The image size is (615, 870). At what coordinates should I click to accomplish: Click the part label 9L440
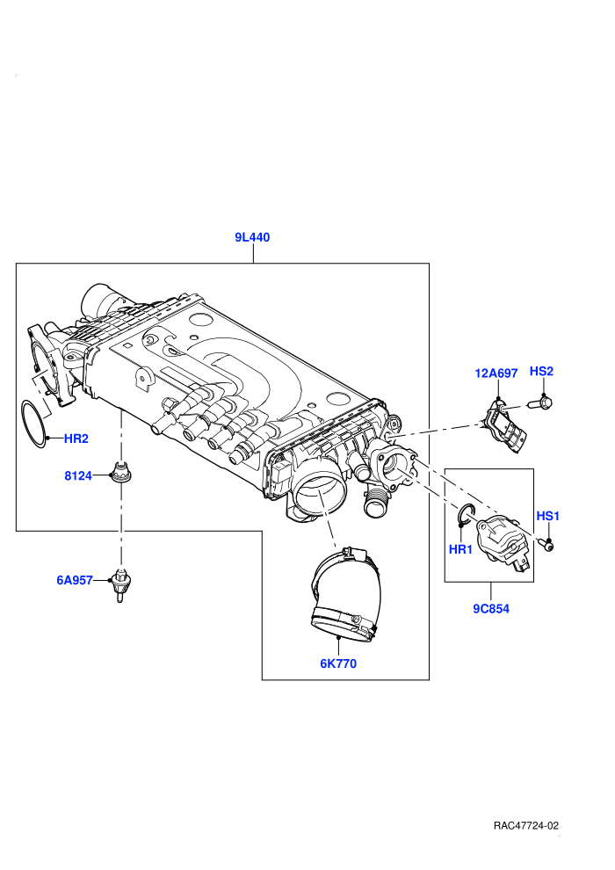click(x=252, y=237)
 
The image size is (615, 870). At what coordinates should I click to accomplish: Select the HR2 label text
click(x=76, y=439)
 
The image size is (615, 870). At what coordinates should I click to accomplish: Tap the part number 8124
click(x=78, y=475)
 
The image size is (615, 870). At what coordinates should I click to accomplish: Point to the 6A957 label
click(x=75, y=580)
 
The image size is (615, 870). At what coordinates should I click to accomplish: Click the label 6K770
click(x=338, y=663)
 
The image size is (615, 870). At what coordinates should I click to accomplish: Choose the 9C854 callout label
click(x=491, y=609)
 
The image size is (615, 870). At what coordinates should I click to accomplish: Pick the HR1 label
click(x=460, y=550)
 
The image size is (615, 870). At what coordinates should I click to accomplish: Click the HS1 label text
click(x=548, y=516)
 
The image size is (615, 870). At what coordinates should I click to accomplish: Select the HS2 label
click(x=541, y=371)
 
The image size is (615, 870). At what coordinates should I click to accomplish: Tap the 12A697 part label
click(x=496, y=373)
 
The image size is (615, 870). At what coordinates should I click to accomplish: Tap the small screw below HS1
click(x=546, y=545)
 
